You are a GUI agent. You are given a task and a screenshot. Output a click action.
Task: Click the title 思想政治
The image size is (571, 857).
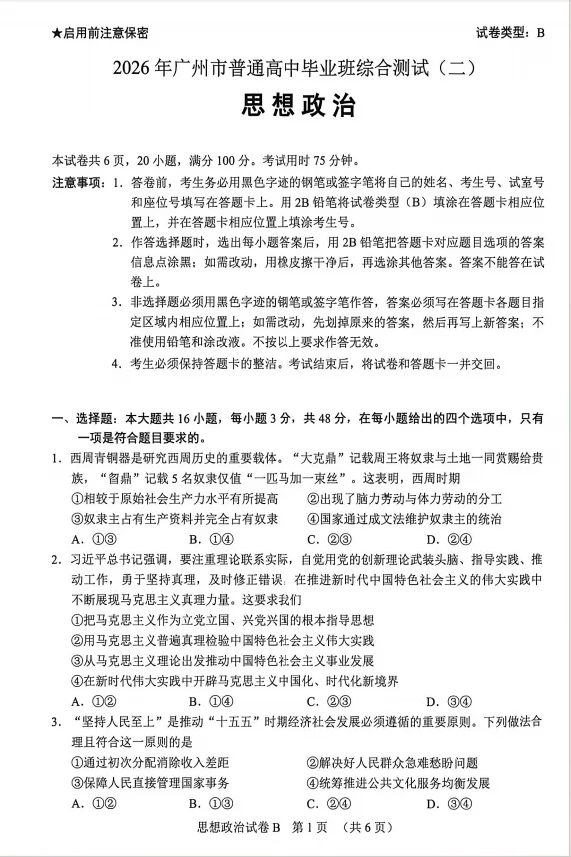285,105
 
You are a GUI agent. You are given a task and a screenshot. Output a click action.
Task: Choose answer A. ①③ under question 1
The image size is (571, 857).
88,538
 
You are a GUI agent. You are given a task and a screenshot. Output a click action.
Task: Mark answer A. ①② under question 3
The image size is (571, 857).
88,803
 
